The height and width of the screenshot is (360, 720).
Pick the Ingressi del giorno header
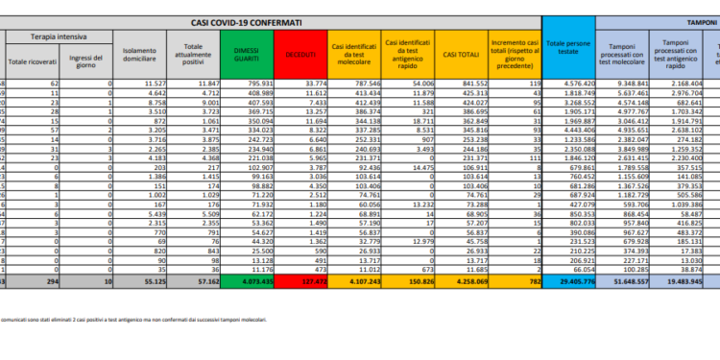point(90,56)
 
